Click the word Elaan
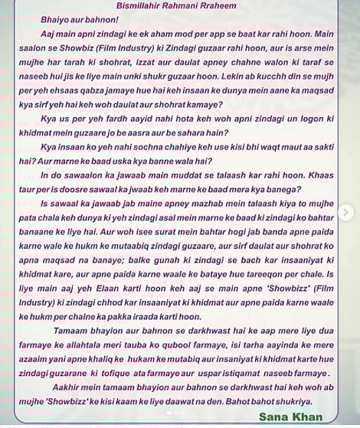pos(124,287)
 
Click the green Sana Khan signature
pos(290,417)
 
